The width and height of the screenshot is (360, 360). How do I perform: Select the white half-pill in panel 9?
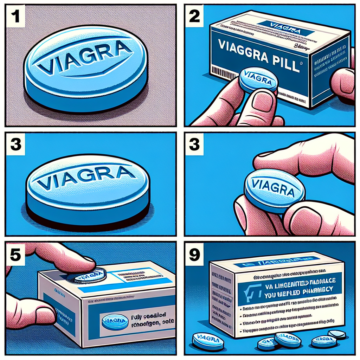pos(336,334)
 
